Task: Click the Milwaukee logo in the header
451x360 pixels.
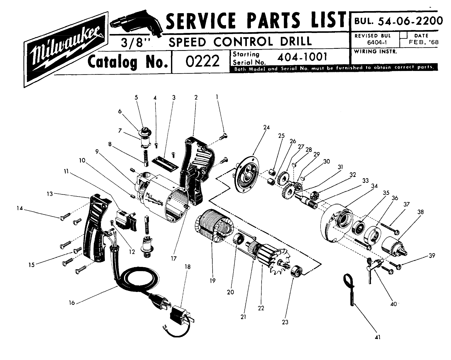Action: (x=66, y=49)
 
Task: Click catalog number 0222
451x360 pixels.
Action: (x=202, y=61)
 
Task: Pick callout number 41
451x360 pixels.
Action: (x=377, y=337)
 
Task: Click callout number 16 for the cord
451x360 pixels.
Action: (x=72, y=303)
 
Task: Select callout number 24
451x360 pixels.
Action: (x=266, y=127)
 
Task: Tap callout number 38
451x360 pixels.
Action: (x=421, y=212)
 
